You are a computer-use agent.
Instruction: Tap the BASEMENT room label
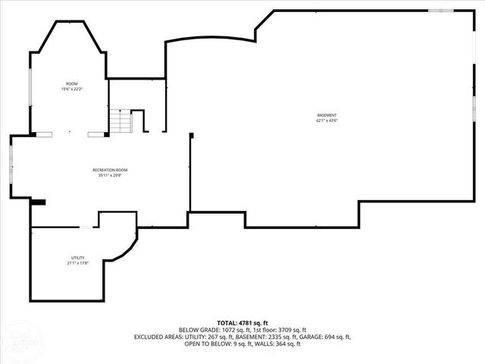point(327,115)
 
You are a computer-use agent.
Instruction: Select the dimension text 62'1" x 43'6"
point(327,121)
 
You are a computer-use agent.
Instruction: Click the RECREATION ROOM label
point(110,170)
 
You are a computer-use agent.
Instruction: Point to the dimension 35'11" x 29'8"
point(110,175)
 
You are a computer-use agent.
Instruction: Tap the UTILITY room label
point(78,258)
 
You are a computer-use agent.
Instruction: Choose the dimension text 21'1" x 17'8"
point(78,263)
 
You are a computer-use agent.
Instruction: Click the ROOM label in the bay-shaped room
point(72,83)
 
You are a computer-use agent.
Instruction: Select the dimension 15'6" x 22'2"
point(72,89)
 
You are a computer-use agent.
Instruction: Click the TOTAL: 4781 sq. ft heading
point(242,323)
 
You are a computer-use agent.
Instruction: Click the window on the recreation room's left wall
point(11,162)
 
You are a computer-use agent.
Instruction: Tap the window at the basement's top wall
point(439,11)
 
